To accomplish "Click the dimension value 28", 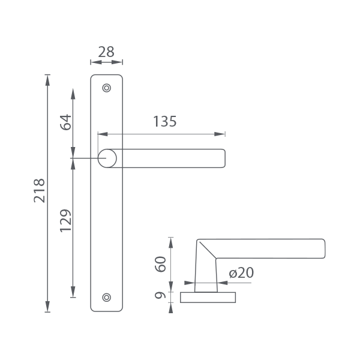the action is pyautogui.click(x=106, y=52).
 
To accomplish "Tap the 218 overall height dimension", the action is pyautogui.click(x=40, y=191).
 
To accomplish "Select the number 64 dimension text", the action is pyautogui.click(x=66, y=122).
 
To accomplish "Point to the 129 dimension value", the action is pyautogui.click(x=66, y=220).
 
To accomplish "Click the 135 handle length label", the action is pyautogui.click(x=165, y=121).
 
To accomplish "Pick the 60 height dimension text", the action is pyautogui.click(x=160, y=264).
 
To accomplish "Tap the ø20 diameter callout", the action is pyautogui.click(x=241, y=273).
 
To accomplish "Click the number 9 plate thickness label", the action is pyautogui.click(x=160, y=295).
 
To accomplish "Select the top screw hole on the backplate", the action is pyautogui.click(x=107, y=88).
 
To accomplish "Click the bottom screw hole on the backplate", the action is pyautogui.click(x=107, y=298).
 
